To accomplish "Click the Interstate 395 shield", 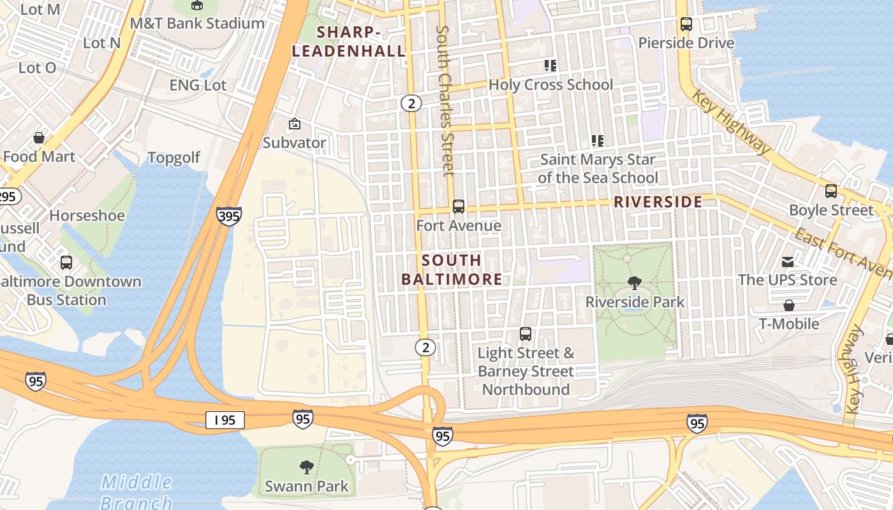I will tap(228, 216).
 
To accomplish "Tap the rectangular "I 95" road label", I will tap(225, 420).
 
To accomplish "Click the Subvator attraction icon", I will tap(294, 124).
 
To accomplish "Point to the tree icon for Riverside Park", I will tap(634, 283).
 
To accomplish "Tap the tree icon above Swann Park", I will tap(307, 467).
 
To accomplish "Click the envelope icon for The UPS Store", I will tap(788, 261).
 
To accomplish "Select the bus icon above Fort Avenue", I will tap(458, 207).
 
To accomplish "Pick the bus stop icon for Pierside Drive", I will tap(686, 24).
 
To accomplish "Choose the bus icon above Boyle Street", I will tap(830, 191).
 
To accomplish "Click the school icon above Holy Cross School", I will tap(550, 66).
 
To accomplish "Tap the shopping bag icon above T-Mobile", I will tap(789, 305).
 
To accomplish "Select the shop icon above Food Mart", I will tap(39, 138).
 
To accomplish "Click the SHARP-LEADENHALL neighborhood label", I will tap(348, 41).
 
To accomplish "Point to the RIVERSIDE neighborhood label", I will tap(658, 202).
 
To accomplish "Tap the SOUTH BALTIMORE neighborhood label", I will tap(452, 270).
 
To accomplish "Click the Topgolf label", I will tap(173, 158).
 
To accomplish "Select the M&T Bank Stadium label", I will tap(196, 24).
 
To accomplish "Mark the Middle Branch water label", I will tap(137, 492).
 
